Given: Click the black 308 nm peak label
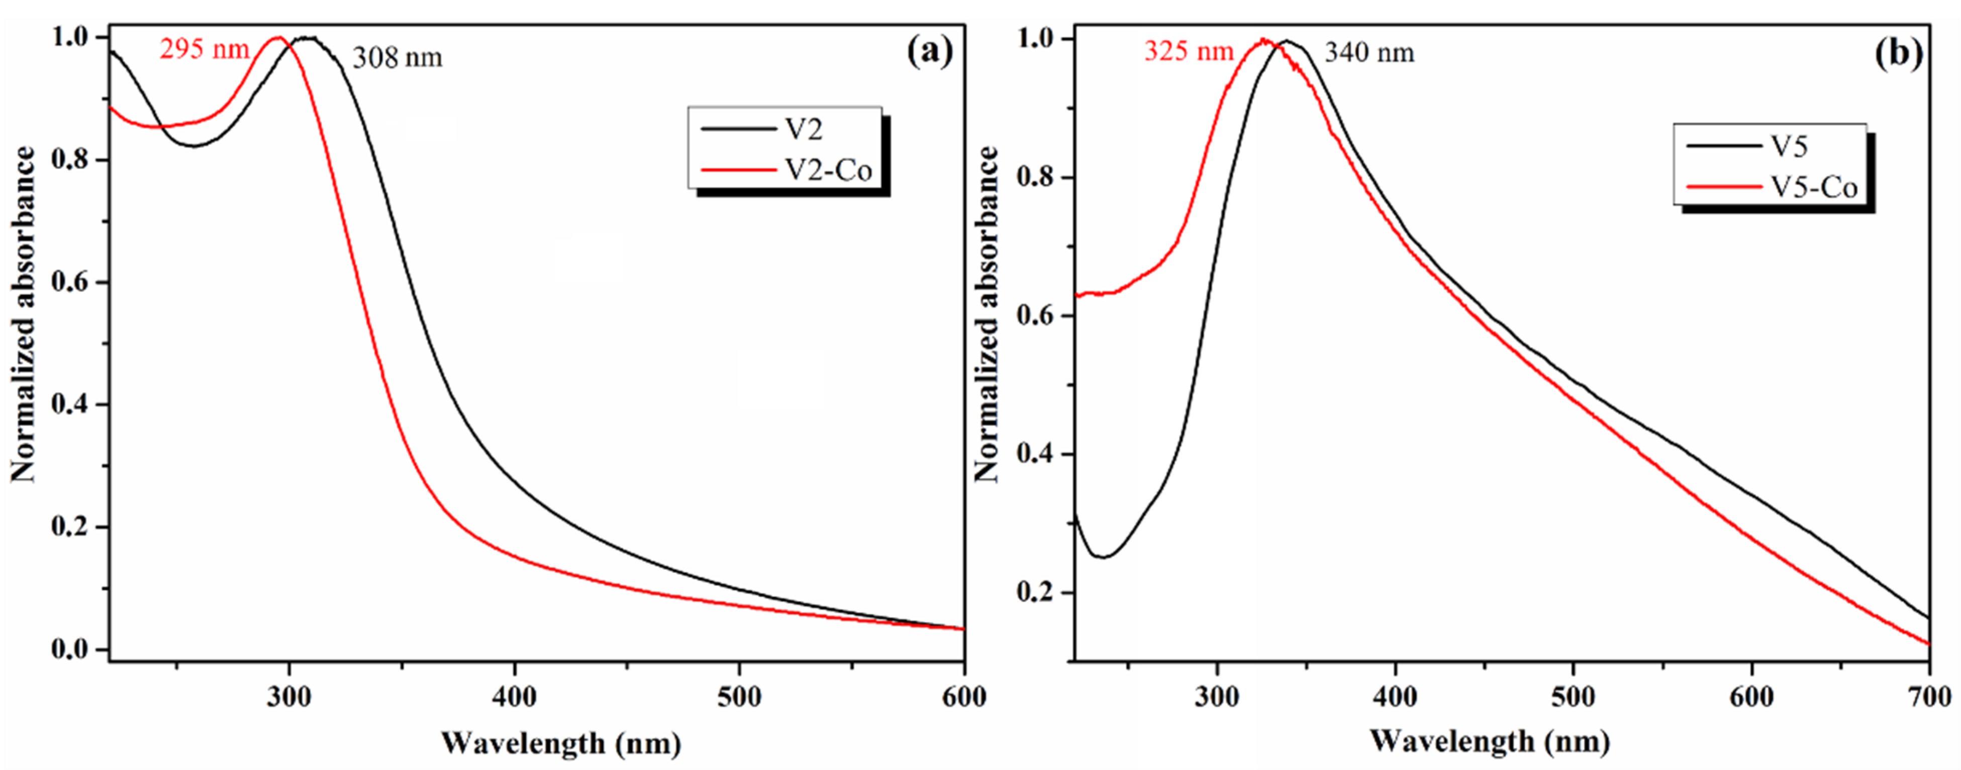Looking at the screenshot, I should [397, 58].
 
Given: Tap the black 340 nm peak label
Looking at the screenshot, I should [1369, 53].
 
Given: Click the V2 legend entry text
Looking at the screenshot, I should [804, 130].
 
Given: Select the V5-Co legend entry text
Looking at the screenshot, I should [1813, 188].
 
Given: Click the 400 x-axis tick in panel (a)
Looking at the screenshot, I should [515, 697].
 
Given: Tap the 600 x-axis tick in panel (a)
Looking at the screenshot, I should [964, 697].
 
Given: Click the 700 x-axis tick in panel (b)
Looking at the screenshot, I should [1928, 697].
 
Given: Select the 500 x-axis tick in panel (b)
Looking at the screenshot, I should [1573, 697].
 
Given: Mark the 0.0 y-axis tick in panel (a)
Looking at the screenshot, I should [70, 650].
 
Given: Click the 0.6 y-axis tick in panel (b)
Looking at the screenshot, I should [1035, 315].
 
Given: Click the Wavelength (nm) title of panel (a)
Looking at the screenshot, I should [561, 742].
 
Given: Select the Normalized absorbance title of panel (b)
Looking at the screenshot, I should [987, 314].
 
